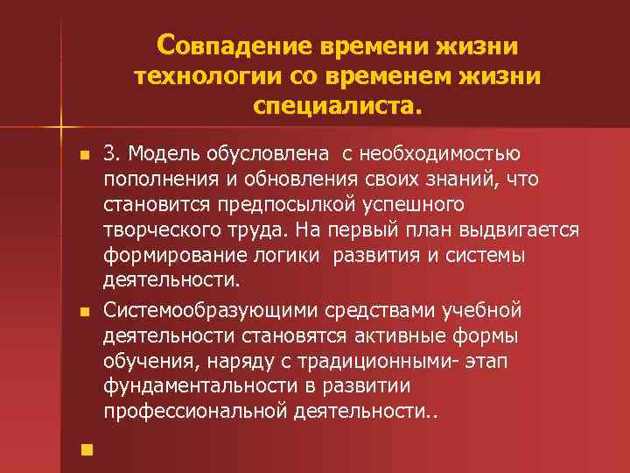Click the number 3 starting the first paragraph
pos(108,154)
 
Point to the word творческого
pos(160,230)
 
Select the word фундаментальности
pos(192,385)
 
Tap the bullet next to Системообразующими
pos(83,311)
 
